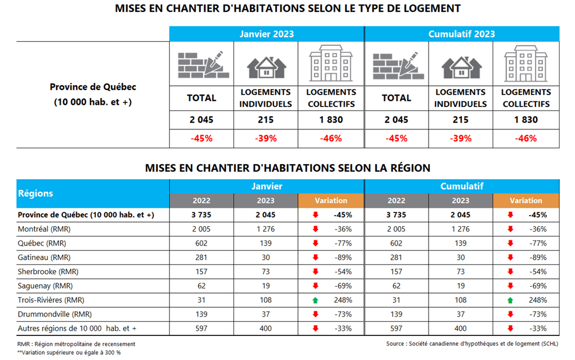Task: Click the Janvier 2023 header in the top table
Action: pos(266,34)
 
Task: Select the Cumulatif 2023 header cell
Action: pos(461,34)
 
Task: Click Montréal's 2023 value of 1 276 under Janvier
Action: pos(266,229)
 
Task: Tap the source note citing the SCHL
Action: pos(472,343)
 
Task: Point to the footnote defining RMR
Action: pos(77,343)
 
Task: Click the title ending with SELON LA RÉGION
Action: pos(287,168)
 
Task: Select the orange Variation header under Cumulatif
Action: pos(526,201)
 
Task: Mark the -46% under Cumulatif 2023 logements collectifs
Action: pos(526,138)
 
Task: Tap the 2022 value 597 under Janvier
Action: pos(202,329)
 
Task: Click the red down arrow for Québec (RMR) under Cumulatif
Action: pos(511,243)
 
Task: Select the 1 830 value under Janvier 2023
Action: pos(331,120)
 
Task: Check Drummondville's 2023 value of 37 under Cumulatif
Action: pos(461,314)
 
